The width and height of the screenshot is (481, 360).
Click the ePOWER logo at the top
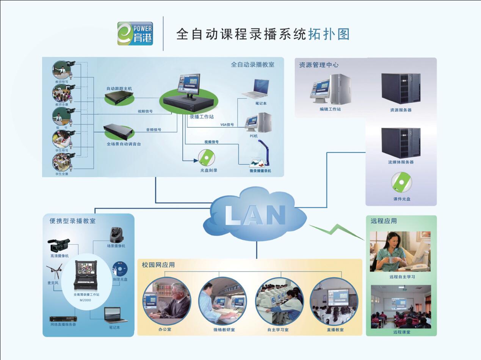coord(135,33)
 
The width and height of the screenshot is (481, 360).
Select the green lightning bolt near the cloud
coord(336,231)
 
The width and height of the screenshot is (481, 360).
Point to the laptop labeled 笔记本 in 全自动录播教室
coord(256,89)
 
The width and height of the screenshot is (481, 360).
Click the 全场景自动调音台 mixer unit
coord(119,131)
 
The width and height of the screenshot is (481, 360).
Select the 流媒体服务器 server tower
coord(401,142)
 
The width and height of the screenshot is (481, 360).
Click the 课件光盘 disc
coord(401,182)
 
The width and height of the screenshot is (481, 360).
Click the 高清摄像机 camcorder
coord(59,245)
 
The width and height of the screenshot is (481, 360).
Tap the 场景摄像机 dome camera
coord(116,235)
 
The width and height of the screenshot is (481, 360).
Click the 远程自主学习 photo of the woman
coord(400,251)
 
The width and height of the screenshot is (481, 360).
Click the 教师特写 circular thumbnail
coord(61,70)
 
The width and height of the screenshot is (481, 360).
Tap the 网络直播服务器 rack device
coord(63,319)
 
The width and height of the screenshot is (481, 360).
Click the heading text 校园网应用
coord(158,265)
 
